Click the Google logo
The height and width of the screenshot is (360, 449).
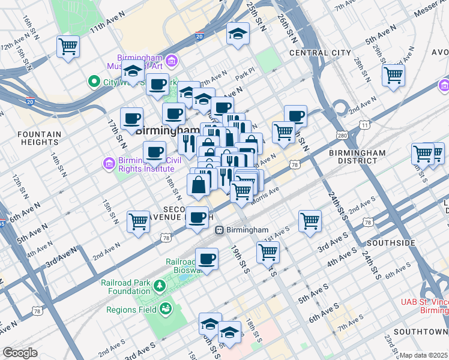20,353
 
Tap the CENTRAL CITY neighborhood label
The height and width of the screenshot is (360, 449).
319,53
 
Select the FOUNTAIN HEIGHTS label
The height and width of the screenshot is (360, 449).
30,138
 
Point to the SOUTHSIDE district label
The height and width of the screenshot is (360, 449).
391,243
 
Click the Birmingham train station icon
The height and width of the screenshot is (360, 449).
220,230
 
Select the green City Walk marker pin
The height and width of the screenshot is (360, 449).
93,82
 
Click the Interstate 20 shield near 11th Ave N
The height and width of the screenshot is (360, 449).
199,37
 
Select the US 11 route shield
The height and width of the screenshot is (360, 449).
364,124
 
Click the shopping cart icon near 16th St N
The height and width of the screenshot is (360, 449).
68,46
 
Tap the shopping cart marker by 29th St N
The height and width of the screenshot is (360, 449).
393,75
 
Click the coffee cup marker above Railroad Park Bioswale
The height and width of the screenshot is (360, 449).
207,259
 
